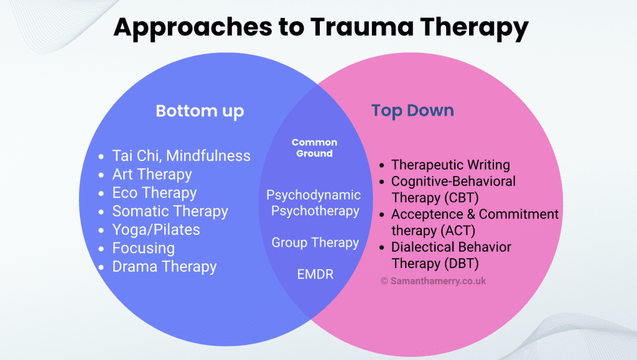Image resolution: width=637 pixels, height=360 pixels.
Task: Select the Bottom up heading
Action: [200, 111]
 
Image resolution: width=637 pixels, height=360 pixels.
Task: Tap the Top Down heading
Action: [412, 111]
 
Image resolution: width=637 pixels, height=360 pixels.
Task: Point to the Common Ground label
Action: [314, 148]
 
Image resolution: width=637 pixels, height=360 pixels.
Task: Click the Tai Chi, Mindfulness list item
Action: [181, 155]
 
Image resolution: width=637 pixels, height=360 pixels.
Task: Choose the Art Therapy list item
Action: [152, 174]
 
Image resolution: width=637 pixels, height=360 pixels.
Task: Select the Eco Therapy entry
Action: [154, 193]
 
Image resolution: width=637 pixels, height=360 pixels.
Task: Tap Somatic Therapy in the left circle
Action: [170, 211]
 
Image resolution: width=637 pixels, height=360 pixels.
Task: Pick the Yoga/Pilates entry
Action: [156, 229]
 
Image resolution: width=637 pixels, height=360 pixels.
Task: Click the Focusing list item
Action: [143, 248]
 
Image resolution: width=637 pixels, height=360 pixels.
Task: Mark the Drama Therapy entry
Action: [164, 267]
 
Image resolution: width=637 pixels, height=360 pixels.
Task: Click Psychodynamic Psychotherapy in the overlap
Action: [314, 203]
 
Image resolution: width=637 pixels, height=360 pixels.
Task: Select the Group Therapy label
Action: [315, 242]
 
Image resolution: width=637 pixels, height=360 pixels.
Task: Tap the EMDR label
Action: [315, 274]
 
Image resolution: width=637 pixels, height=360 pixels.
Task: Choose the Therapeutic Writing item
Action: [450, 165]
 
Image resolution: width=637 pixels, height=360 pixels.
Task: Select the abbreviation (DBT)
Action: [462, 263]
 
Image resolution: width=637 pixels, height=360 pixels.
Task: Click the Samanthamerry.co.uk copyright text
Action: [433, 281]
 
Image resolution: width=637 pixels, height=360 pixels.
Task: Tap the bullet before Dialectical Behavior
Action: [383, 247]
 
